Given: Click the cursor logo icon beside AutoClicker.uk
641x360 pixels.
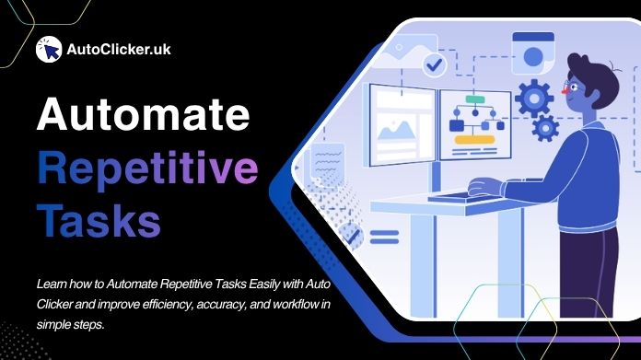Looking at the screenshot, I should (x=48, y=50).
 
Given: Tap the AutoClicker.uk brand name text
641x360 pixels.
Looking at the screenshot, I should (x=119, y=50).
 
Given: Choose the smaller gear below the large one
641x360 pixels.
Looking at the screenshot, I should (x=545, y=127).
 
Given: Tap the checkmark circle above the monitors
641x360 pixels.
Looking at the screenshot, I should (x=434, y=64).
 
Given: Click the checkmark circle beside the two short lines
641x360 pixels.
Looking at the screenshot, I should (x=351, y=238).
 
